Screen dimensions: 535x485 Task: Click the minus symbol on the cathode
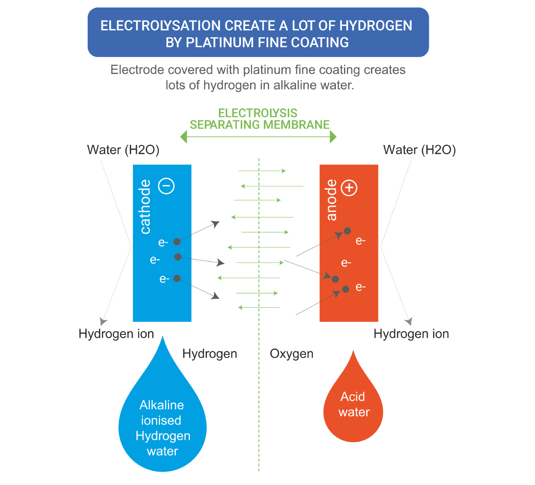coord(166,186)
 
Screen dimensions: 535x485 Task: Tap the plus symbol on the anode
coord(349,188)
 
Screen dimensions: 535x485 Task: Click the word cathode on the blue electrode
coord(145,207)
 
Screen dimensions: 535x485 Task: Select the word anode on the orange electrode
coord(331,200)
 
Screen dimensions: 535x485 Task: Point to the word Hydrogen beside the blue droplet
coord(210,354)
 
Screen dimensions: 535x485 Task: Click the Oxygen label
coord(292,354)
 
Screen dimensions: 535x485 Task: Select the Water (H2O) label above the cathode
coord(123,150)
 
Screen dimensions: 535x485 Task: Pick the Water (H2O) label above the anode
coord(419,150)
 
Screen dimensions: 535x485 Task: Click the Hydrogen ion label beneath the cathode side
coord(116,334)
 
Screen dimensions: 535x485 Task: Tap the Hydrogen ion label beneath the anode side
coord(411,334)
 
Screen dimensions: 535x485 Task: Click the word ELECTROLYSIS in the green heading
coord(257,113)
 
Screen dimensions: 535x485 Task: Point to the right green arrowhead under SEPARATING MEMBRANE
coord(333,137)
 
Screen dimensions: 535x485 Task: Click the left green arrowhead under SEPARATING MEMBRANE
coord(184,137)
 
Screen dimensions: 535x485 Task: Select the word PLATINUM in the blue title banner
coord(220,42)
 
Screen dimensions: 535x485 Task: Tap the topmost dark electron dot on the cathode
coord(177,242)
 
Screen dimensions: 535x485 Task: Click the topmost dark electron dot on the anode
coord(347,231)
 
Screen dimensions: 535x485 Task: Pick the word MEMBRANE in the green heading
coord(296,125)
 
